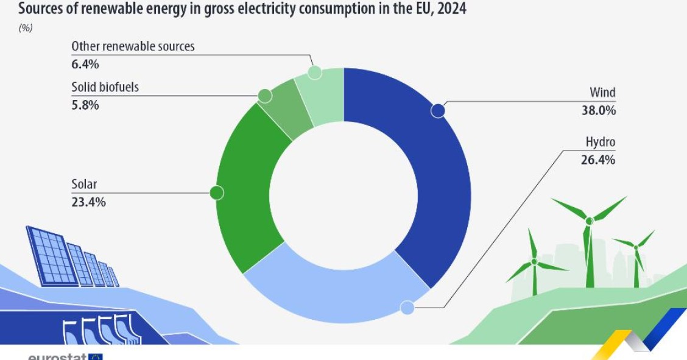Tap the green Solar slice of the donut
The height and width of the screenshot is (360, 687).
[x=244, y=189]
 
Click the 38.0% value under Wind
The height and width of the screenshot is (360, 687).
[x=598, y=111]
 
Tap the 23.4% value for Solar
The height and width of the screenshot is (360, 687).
[x=88, y=202]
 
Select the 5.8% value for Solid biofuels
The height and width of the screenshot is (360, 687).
[x=85, y=105]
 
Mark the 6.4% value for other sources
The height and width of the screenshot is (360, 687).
[x=85, y=64]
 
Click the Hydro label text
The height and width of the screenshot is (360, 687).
[x=600, y=143]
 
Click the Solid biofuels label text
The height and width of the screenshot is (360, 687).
[x=105, y=87]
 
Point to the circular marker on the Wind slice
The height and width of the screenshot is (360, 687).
[x=438, y=110]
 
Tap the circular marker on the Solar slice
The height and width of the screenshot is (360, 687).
[x=217, y=192]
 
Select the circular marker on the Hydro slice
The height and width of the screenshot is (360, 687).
[x=407, y=308]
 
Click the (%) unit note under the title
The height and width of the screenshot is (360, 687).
[x=26, y=28]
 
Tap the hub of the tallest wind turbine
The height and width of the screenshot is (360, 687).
[x=588, y=221]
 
